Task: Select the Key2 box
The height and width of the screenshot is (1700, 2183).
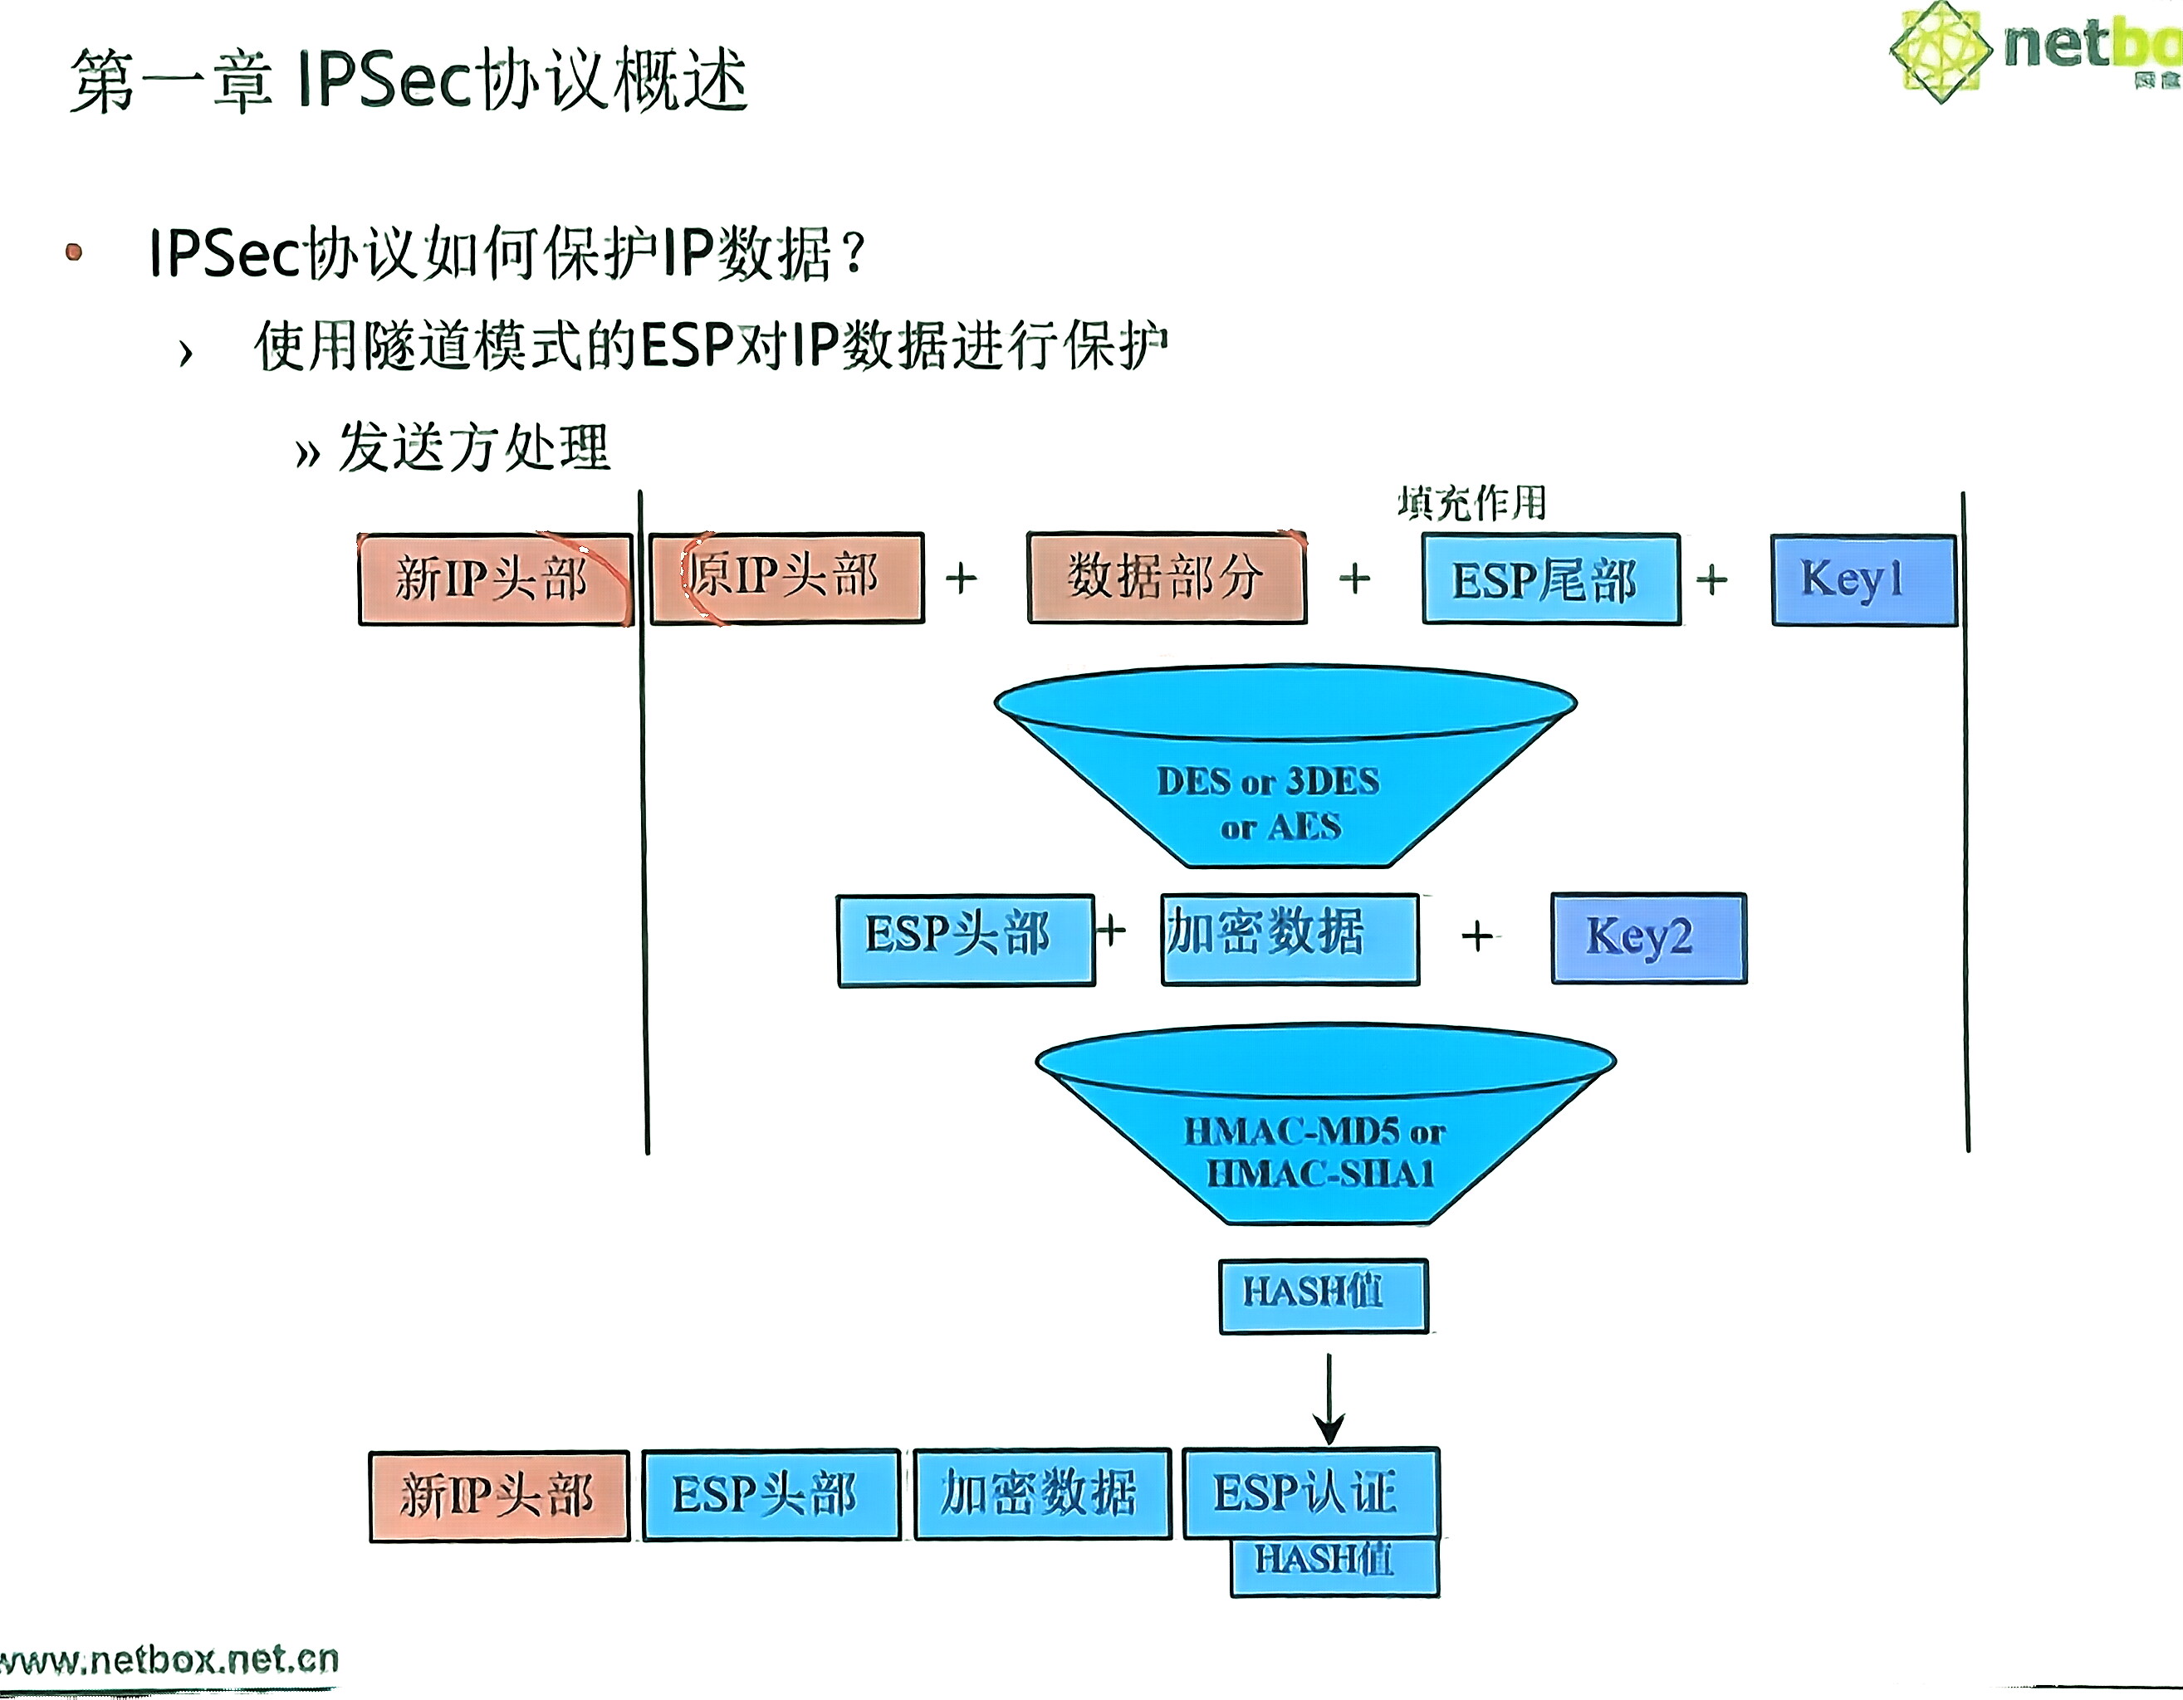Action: [x=1648, y=937]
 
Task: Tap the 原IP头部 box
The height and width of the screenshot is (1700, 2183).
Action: [x=786, y=578]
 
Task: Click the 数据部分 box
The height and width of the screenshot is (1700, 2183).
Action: [x=1167, y=578]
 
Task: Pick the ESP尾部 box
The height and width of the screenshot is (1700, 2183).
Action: [x=1550, y=579]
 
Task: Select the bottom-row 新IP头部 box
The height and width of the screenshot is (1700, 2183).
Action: [x=499, y=1495]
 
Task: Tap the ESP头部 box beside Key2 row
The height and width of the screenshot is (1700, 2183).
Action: [x=965, y=940]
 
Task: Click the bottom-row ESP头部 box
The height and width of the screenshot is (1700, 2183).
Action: [x=771, y=1495]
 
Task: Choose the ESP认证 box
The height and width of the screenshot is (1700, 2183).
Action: [x=1310, y=1493]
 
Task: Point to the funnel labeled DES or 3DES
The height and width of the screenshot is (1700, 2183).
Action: [x=1285, y=769]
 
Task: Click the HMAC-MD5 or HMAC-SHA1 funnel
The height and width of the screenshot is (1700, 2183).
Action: [x=1324, y=1124]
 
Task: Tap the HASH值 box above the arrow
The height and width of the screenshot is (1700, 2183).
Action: [x=1323, y=1295]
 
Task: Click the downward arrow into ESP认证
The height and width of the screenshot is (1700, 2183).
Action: [x=1329, y=1400]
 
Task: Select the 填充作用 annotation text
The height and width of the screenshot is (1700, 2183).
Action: [x=1471, y=503]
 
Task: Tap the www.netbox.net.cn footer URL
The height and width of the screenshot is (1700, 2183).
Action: [x=170, y=1660]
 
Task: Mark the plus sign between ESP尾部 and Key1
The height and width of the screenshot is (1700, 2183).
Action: [x=1711, y=579]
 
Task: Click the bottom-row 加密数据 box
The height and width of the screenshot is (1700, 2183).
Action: [x=1040, y=1493]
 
